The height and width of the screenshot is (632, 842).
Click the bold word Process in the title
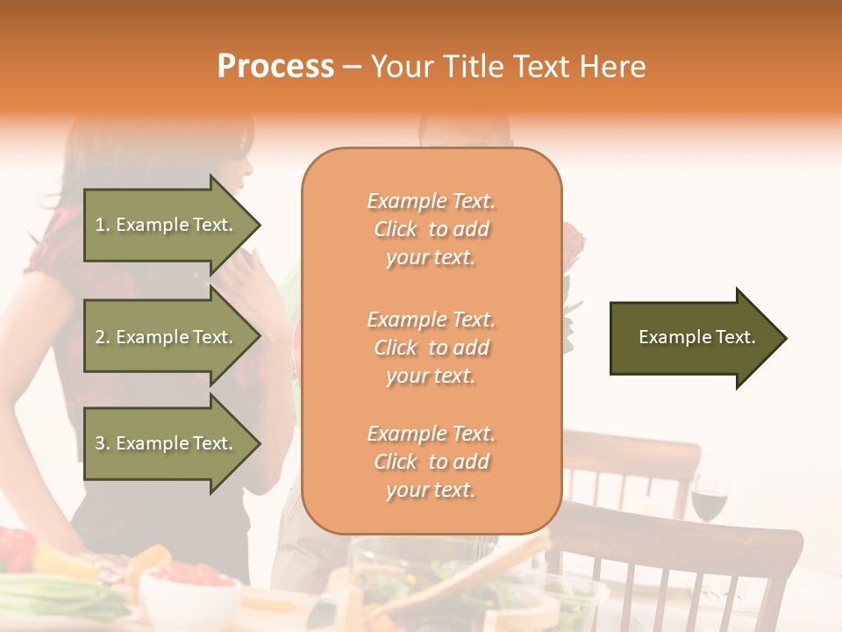(275, 66)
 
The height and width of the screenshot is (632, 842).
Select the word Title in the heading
(474, 66)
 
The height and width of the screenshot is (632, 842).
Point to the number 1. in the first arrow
(103, 225)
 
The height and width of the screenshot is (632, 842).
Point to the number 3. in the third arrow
(103, 443)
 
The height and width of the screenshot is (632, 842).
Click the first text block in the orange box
(431, 229)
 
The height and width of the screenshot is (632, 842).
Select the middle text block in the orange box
(431, 348)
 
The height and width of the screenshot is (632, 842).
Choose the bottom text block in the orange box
(431, 462)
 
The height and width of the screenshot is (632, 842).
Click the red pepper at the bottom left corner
(16, 549)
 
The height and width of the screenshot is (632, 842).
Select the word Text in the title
(543, 66)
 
